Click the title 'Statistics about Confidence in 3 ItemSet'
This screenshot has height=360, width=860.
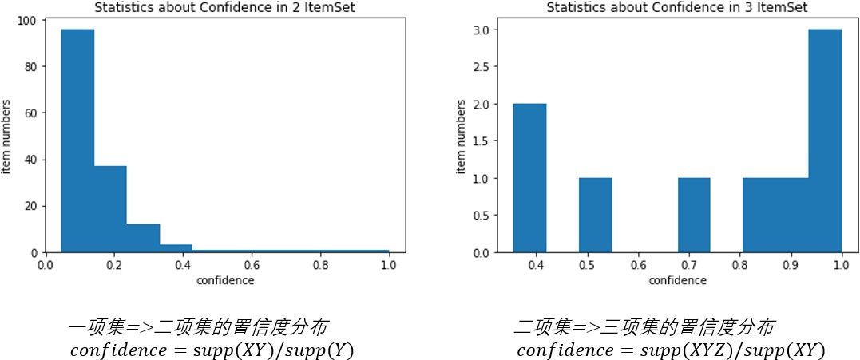pyautogui.click(x=676, y=7)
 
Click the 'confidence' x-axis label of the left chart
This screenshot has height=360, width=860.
pyautogui.click(x=226, y=280)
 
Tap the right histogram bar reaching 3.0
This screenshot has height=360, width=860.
pyautogui.click(x=825, y=140)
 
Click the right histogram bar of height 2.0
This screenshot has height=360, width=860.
pyautogui.click(x=529, y=178)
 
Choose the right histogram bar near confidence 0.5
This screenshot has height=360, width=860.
pyautogui.click(x=595, y=215)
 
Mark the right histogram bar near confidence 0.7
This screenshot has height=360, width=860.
pyautogui.click(x=694, y=215)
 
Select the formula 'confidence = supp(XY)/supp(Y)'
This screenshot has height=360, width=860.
pyautogui.click(x=212, y=350)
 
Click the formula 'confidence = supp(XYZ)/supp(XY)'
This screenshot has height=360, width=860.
pyautogui.click(x=670, y=350)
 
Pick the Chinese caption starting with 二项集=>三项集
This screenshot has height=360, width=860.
pyautogui.click(x=643, y=327)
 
